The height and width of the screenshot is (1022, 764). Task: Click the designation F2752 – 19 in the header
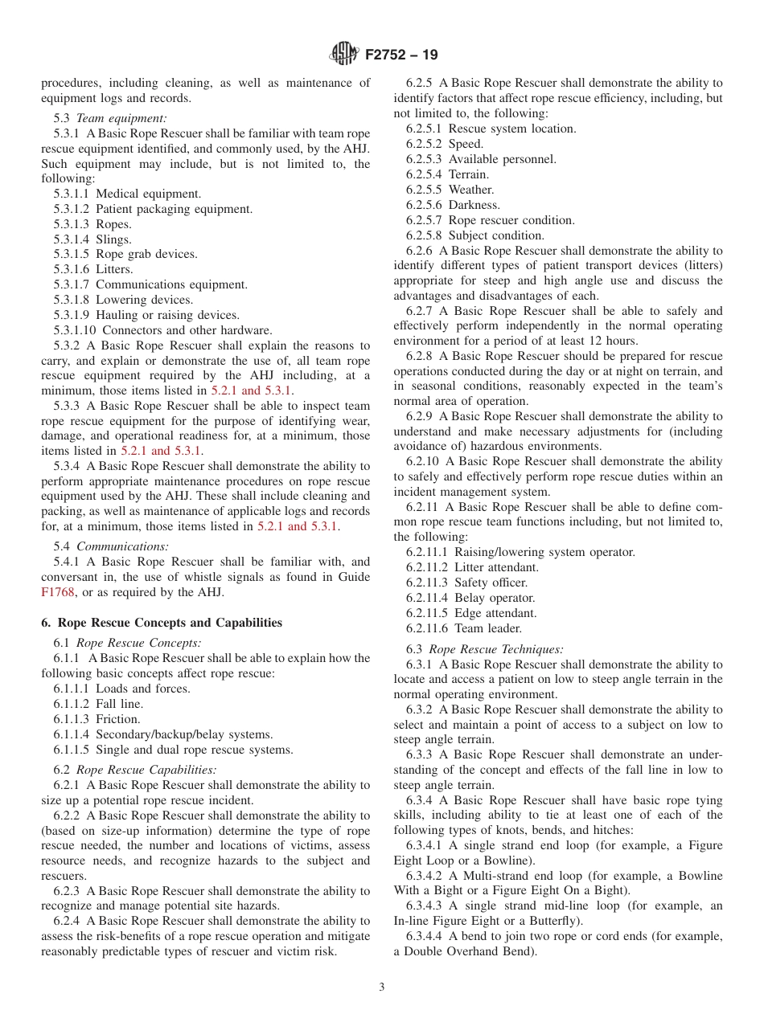tap(401, 55)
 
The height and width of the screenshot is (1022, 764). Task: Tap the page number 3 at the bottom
tap(382, 987)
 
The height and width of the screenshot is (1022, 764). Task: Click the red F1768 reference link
tap(57, 593)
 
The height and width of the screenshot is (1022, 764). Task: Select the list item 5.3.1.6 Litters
tap(93, 269)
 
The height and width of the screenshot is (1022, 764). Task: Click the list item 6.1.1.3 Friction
tap(97, 719)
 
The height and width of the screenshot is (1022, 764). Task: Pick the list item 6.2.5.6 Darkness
tap(453, 205)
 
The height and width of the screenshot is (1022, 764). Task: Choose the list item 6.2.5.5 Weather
tap(450, 190)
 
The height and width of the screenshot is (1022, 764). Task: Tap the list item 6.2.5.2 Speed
tap(445, 144)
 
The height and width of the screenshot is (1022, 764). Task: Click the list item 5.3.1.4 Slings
tap(92, 239)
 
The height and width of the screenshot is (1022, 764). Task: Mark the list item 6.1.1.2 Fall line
tap(98, 704)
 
